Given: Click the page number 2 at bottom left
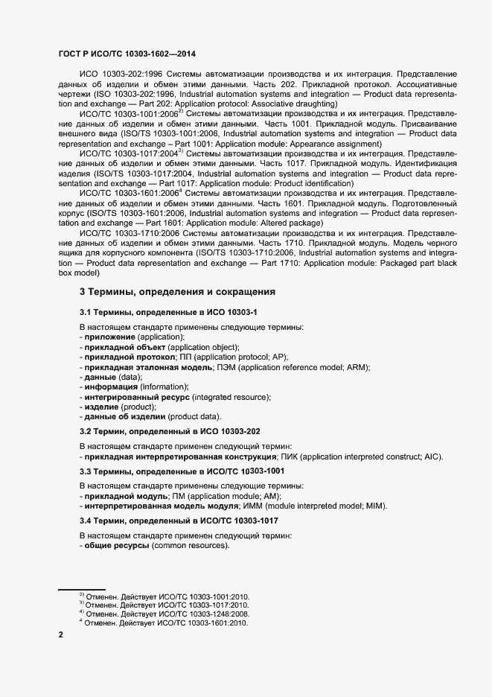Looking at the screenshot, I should tap(61, 634).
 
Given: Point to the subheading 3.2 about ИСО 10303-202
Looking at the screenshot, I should tap(169, 431).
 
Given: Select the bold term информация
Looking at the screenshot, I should tap(111, 387).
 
